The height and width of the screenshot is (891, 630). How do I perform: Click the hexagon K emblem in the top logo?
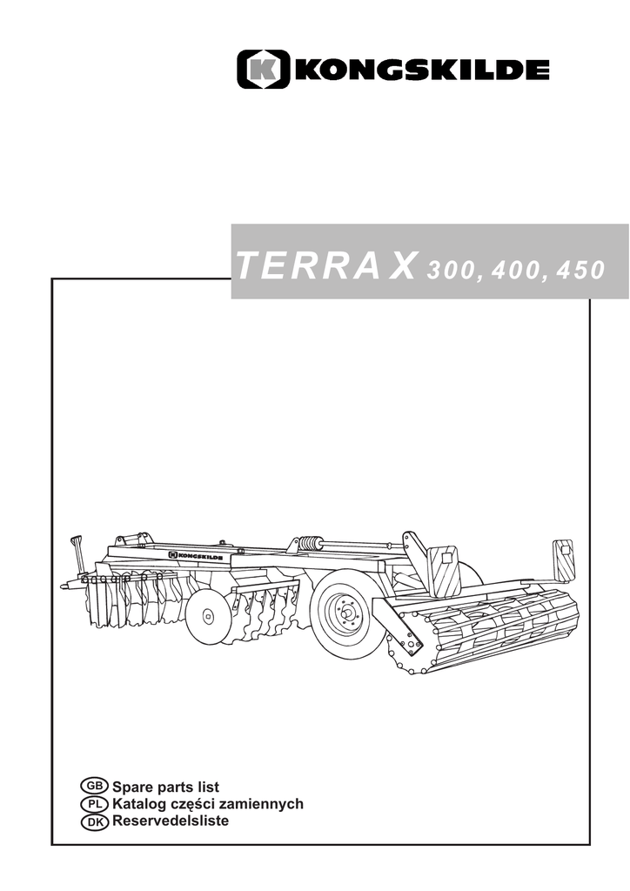click(x=263, y=70)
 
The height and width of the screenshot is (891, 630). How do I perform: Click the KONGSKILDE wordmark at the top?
click(x=423, y=70)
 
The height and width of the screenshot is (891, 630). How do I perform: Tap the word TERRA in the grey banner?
click(x=307, y=265)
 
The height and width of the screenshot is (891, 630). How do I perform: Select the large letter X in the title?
click(x=404, y=265)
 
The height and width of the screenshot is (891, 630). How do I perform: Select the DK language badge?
click(x=94, y=821)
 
